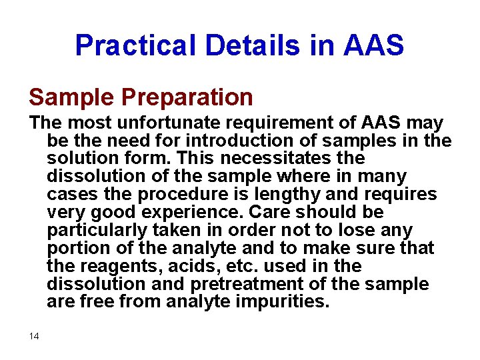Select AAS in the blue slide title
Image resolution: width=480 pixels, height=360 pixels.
pos(374,45)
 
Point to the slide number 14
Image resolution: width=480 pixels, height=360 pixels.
pos(34,336)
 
